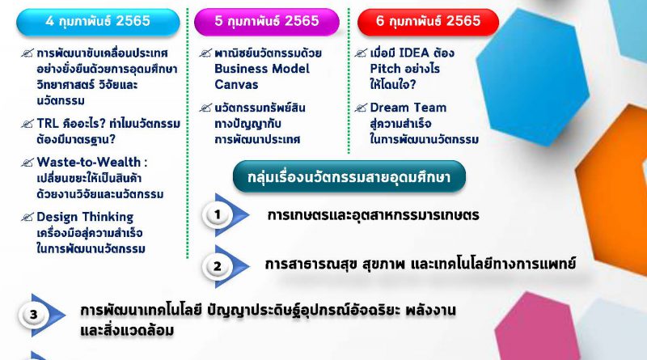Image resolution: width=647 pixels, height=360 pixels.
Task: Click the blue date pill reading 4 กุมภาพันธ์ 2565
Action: (x=98, y=22)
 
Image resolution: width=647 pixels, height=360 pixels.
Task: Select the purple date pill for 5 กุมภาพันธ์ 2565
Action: (x=267, y=22)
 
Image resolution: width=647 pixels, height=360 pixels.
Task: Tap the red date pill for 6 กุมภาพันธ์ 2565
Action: (x=429, y=22)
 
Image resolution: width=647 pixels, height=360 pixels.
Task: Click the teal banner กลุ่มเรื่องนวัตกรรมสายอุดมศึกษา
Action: (x=349, y=176)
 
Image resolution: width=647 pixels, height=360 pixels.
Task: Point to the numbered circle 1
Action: (x=217, y=214)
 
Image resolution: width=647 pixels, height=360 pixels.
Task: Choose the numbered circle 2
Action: (x=217, y=266)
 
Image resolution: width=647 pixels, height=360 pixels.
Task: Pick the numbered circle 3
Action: (x=33, y=315)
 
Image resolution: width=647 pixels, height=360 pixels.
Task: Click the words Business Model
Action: (x=261, y=69)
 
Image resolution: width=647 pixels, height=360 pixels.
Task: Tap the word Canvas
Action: (x=236, y=85)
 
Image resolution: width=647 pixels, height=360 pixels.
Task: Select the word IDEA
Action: (x=414, y=53)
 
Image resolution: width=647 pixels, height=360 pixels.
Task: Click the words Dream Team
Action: (x=408, y=108)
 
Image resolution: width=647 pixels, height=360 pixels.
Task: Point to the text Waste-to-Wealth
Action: (x=89, y=162)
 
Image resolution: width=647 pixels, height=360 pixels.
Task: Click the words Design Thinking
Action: (x=85, y=217)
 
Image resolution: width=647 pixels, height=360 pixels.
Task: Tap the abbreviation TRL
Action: (x=48, y=124)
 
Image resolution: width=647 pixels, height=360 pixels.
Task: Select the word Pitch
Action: (x=386, y=69)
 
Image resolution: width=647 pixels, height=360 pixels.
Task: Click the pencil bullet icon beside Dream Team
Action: (x=360, y=108)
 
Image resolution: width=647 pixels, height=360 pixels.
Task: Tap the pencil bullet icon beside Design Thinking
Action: (x=27, y=217)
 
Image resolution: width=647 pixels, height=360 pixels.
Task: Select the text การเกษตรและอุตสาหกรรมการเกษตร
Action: (x=373, y=215)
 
